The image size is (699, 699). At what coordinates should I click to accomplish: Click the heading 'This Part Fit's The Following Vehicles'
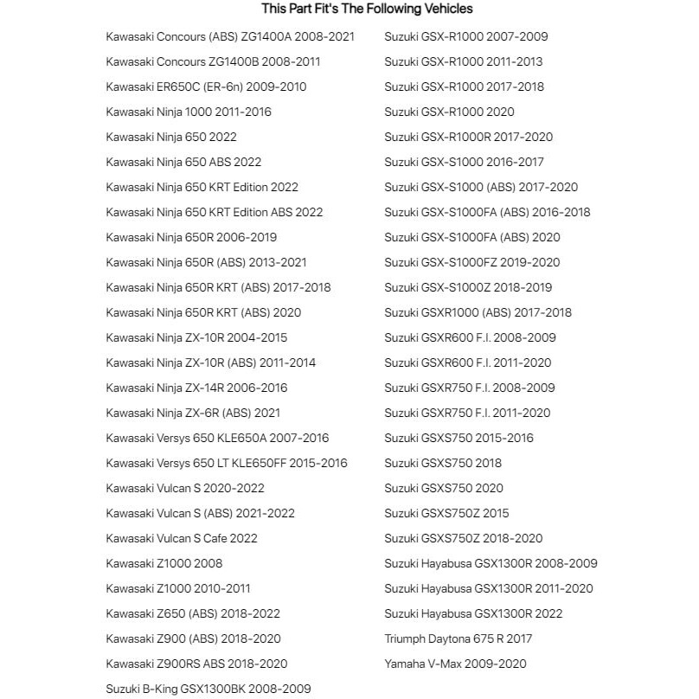367,9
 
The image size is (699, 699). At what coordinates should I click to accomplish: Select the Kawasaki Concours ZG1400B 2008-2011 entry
213,61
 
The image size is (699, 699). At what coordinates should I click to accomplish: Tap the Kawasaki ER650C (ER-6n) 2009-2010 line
206,87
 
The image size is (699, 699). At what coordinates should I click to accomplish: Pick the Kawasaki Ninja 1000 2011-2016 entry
189,112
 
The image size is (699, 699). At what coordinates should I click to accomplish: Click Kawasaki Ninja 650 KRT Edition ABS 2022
215,212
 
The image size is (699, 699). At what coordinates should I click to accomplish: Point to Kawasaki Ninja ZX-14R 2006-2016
196,388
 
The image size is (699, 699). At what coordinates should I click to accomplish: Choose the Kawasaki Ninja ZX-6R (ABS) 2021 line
193,413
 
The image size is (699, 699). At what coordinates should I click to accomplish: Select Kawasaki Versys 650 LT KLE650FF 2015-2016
227,463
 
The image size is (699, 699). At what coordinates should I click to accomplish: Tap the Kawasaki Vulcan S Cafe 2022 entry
182,538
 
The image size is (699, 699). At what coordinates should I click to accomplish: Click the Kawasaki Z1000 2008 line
164,563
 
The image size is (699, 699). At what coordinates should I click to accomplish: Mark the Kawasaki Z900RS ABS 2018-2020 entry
196,664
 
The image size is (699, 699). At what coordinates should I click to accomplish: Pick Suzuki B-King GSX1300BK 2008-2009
208,689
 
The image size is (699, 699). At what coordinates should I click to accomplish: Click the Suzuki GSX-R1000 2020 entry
449,112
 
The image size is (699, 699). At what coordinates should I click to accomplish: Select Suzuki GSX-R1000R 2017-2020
468,137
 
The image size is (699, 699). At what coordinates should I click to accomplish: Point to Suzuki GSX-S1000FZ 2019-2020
471,262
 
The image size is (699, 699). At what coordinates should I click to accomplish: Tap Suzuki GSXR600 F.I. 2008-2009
470,337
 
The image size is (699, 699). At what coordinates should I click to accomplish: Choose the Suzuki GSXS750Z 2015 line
446,513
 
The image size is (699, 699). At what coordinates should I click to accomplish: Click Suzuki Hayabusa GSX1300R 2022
473,613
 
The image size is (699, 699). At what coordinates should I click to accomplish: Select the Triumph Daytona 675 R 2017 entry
459,638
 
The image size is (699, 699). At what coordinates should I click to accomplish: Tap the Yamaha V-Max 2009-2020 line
455,664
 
